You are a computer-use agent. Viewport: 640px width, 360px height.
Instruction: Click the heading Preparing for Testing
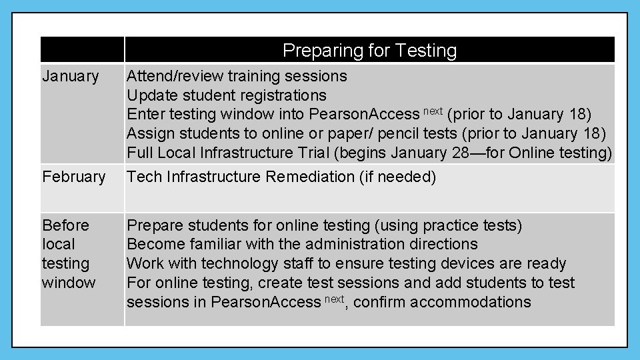[x=369, y=51]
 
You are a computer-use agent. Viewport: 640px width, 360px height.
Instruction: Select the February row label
[x=73, y=177]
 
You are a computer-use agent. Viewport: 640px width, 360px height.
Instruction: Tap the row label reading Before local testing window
[x=68, y=253]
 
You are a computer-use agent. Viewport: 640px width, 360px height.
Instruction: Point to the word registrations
[x=279, y=95]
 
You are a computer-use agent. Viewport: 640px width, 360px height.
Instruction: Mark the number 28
[x=460, y=153]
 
